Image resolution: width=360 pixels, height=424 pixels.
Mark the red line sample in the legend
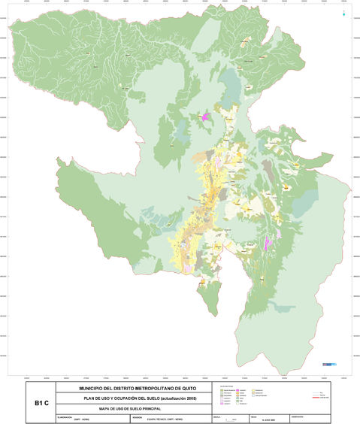pos(325,397)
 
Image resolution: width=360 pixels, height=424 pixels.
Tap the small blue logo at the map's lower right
pos(327,364)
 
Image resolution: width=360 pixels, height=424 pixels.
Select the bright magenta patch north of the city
pos(205,117)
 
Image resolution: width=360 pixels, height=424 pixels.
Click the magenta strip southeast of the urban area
pos(267,242)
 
